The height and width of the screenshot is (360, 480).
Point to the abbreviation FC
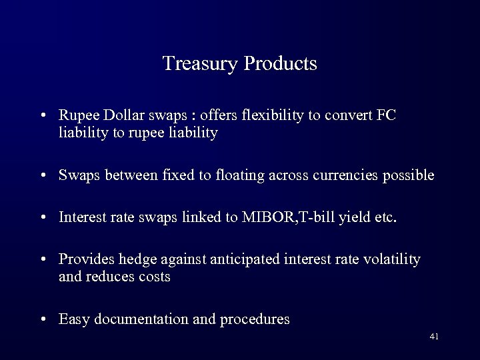(387, 116)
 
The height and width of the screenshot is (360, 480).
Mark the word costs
(154, 277)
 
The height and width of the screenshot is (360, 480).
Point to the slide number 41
(434, 337)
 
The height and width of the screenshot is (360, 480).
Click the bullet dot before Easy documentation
(43, 319)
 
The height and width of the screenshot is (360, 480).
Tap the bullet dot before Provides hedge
(43, 259)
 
